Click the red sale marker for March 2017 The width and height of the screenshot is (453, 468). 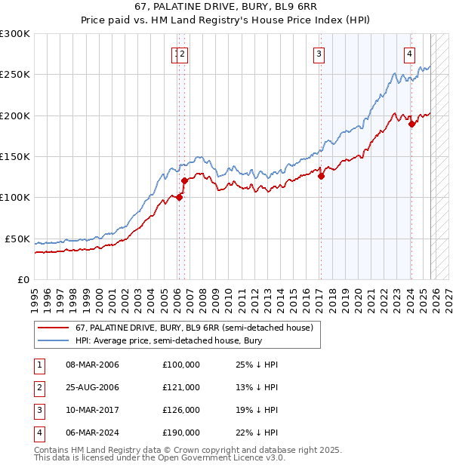point(321,176)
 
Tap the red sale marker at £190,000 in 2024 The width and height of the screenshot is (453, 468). point(411,124)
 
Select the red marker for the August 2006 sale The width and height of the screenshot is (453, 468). point(184,180)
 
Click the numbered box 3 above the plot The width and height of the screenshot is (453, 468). point(319,54)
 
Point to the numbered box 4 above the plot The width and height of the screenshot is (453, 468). point(409,54)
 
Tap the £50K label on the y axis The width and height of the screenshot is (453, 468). point(18,239)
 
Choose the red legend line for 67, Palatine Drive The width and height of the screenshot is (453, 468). point(53,328)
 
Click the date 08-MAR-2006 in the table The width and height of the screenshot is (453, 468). point(92,365)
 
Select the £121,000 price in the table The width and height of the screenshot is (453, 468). point(180,387)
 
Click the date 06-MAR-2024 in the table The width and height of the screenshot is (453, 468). point(92,433)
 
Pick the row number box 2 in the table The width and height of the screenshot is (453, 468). point(39,387)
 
